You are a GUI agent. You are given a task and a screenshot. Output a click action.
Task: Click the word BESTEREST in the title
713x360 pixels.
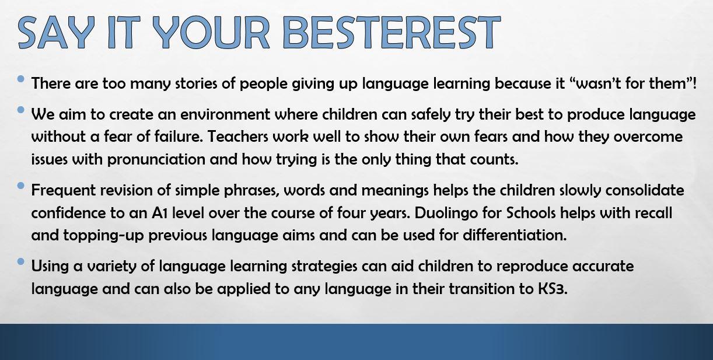(392, 33)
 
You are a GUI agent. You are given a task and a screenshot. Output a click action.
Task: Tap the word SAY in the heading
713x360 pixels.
(57, 33)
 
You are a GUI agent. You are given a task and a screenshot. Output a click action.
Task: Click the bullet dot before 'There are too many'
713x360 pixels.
(20, 79)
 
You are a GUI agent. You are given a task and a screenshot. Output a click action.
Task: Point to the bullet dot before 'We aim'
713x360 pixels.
(20, 110)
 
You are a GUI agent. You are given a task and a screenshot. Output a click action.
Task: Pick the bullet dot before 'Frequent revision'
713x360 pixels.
(20, 186)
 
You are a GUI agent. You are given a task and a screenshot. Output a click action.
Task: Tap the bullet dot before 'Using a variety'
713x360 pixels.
(20, 261)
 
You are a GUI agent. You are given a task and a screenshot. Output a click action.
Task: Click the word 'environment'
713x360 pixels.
(225, 114)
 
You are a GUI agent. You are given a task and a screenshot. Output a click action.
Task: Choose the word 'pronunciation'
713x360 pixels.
(156, 160)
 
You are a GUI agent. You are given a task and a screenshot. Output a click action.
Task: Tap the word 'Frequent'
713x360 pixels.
(64, 190)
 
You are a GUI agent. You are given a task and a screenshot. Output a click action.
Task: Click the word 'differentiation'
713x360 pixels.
(515, 236)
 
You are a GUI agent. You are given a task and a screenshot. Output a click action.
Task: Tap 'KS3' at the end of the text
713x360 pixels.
(553, 289)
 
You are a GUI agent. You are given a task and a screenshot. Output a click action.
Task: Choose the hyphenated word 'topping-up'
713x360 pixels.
(103, 236)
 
